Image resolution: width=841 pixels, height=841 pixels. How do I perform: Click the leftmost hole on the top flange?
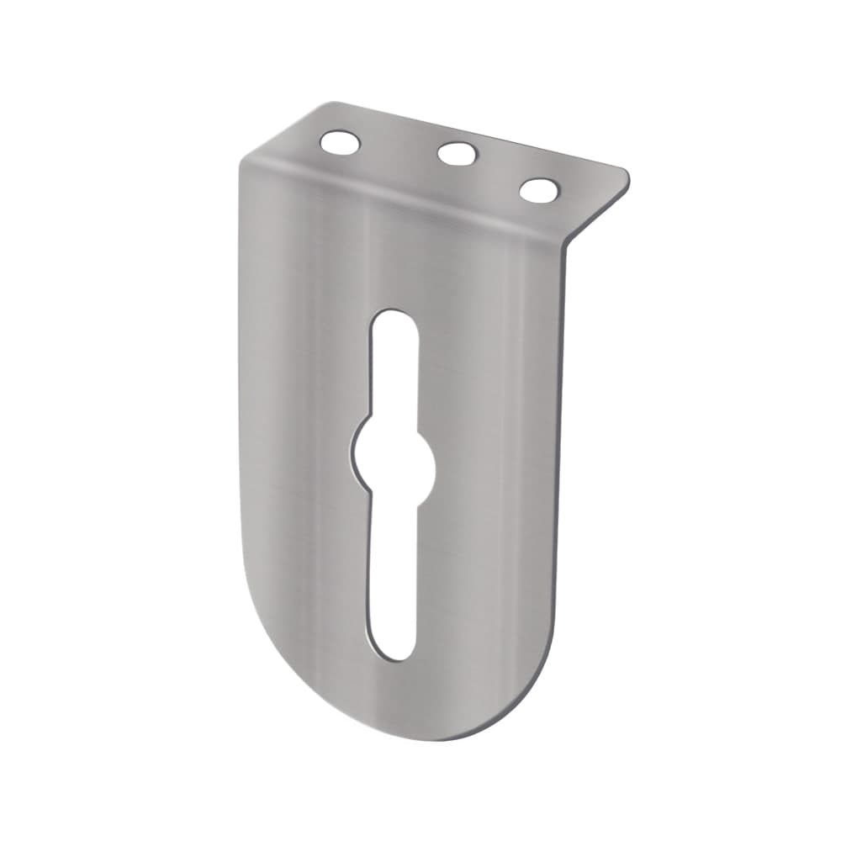[x=340, y=143]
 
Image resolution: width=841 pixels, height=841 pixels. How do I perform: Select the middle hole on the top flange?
[x=458, y=154]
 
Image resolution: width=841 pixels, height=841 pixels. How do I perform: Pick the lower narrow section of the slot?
[x=393, y=572]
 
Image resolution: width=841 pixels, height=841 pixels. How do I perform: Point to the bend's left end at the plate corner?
[x=244, y=165]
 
